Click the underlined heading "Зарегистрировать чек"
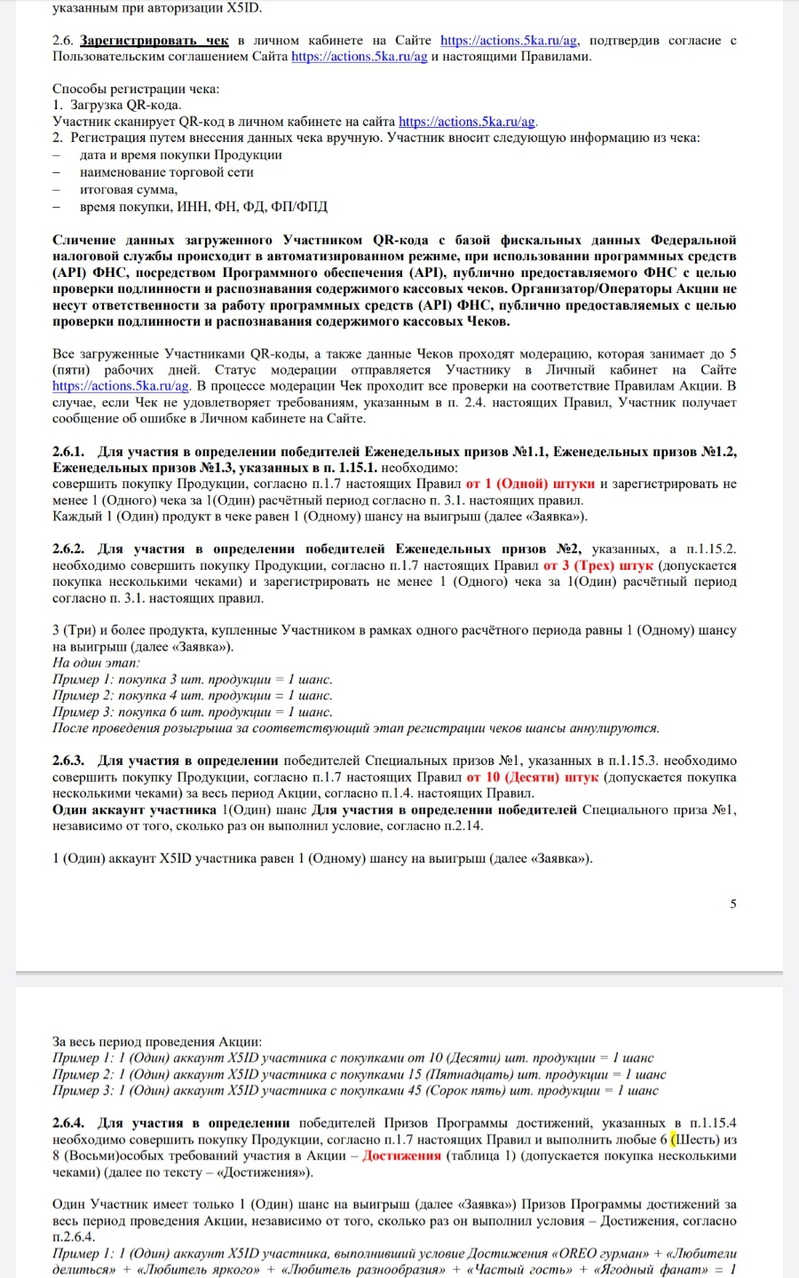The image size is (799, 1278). (x=154, y=41)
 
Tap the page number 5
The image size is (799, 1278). (x=732, y=903)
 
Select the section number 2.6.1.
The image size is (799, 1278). (x=68, y=452)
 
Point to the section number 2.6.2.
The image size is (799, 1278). (x=68, y=549)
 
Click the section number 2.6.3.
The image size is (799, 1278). (x=68, y=761)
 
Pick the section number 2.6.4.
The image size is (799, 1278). (x=68, y=1123)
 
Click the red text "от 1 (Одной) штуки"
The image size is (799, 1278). (x=530, y=485)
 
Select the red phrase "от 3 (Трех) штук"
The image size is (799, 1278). (x=597, y=565)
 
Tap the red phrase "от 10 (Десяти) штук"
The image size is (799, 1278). (x=533, y=777)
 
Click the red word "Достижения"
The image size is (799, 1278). (x=401, y=1156)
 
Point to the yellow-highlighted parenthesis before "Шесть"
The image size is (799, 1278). (x=674, y=1140)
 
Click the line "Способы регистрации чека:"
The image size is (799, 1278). (x=136, y=89)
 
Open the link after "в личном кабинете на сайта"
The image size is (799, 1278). (x=467, y=122)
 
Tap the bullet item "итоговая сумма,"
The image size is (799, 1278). (x=129, y=189)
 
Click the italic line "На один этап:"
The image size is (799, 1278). (x=96, y=663)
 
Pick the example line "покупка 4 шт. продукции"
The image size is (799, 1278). (x=193, y=696)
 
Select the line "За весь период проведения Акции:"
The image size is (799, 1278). (x=157, y=1042)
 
